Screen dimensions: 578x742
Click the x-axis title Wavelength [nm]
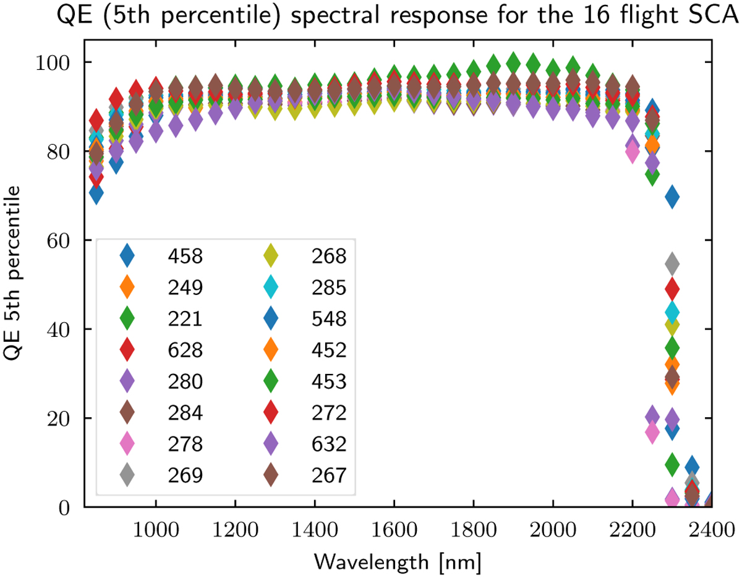click(x=397, y=562)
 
